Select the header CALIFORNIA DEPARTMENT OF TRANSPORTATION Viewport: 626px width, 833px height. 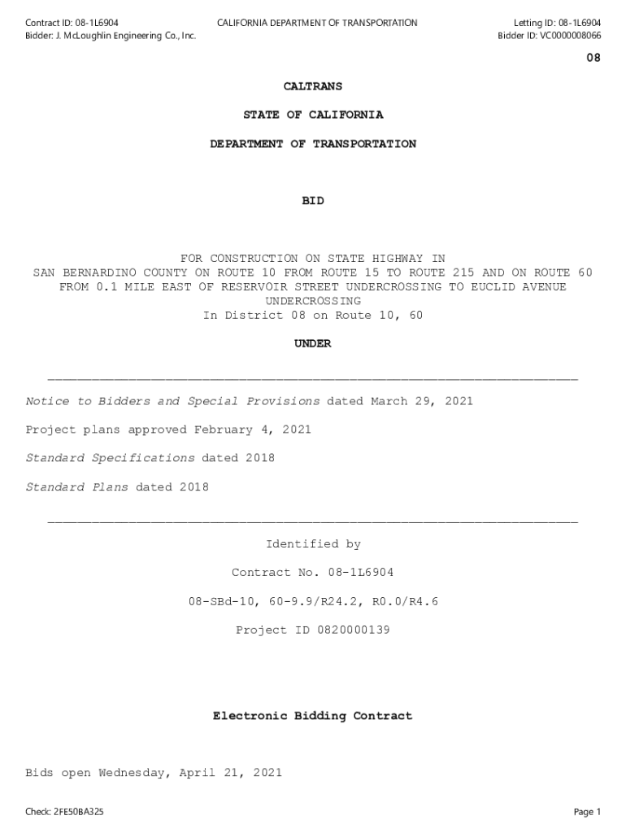coord(317,23)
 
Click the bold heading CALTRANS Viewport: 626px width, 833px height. coord(313,86)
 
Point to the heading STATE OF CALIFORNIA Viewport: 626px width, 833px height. coord(313,115)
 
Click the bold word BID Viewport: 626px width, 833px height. coord(313,201)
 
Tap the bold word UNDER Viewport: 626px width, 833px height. coord(313,344)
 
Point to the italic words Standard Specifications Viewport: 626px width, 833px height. coord(111,458)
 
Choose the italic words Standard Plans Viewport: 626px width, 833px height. coord(77,487)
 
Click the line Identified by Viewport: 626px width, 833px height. coord(313,544)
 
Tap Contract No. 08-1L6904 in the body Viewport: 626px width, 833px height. coord(313,573)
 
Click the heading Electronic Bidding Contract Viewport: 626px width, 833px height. coord(313,716)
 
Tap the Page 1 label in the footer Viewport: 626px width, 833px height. coord(587,812)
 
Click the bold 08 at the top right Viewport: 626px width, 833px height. coord(593,59)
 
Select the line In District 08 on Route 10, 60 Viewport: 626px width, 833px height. coord(313,316)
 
